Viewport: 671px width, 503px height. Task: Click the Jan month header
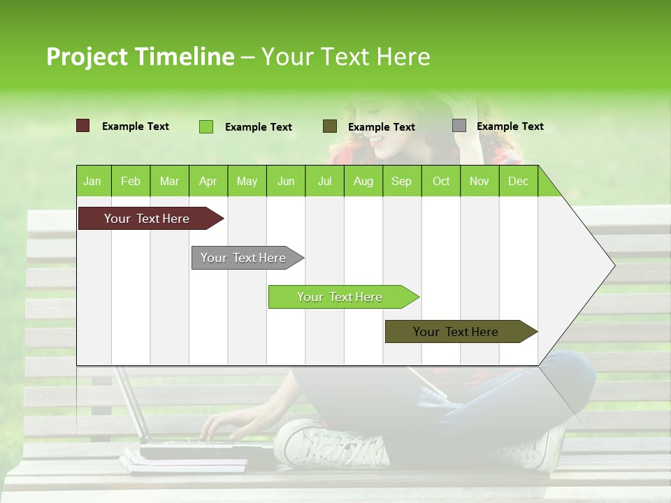(92, 181)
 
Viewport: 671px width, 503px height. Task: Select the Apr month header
(208, 181)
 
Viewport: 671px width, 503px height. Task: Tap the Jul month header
(324, 181)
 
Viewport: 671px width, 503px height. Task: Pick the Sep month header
(401, 181)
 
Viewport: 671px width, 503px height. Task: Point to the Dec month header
(518, 181)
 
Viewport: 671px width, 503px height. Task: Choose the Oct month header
(440, 181)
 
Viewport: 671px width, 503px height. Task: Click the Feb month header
(131, 181)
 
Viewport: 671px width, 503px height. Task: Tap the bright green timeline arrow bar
(340, 297)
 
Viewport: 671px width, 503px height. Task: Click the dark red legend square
(83, 126)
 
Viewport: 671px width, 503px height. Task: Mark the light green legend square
(206, 126)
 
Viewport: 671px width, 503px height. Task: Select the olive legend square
(330, 126)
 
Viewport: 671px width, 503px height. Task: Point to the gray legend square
(459, 126)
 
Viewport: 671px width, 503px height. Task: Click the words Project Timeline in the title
(140, 57)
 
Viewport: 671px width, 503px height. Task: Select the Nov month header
(479, 181)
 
